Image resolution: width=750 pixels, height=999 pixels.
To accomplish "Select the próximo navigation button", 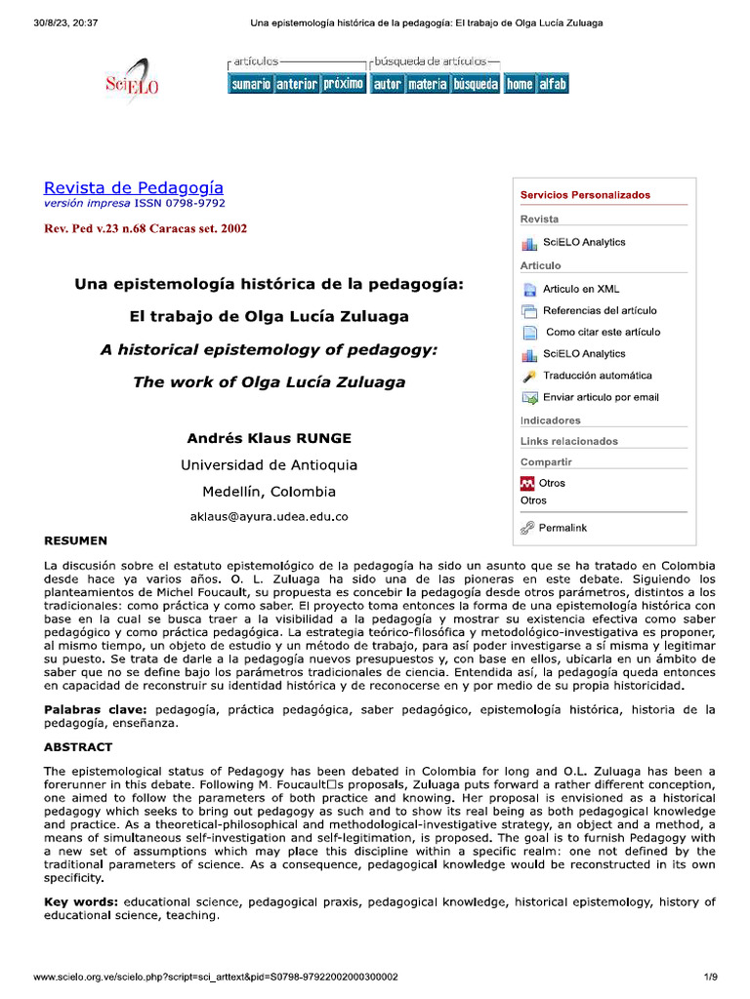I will [x=343, y=85].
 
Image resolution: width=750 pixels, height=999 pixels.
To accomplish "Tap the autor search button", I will [x=387, y=85].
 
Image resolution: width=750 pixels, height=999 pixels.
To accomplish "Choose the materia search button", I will [x=427, y=85].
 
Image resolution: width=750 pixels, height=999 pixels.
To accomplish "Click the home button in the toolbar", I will [x=520, y=85].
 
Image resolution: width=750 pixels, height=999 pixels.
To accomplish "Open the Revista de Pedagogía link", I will [x=134, y=187].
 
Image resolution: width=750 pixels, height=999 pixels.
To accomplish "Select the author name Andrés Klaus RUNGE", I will [x=269, y=438].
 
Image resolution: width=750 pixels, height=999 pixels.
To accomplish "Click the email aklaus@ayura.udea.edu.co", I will [x=269, y=516].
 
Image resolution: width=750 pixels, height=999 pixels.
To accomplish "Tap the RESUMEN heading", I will [x=76, y=539].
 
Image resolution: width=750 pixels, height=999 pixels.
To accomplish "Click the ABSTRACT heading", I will [x=78, y=747].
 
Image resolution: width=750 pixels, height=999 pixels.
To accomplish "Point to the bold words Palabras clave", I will [x=91, y=709].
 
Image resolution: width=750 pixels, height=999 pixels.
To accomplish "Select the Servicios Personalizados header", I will [x=585, y=195].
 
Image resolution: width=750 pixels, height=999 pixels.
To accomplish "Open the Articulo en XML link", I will [x=581, y=289].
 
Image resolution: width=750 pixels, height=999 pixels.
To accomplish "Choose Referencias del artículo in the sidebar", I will [x=600, y=310].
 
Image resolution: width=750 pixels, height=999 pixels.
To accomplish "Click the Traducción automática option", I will [x=598, y=376].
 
